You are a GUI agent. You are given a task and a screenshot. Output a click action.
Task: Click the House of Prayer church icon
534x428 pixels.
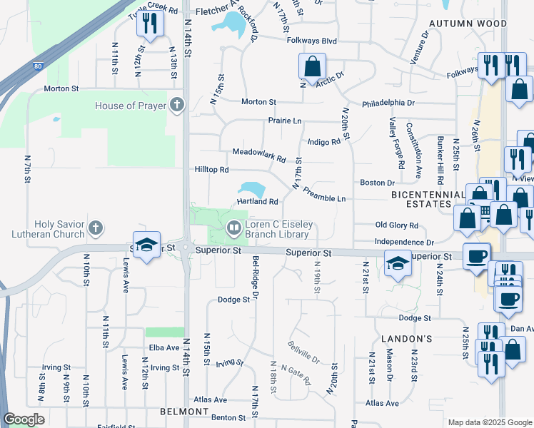(178, 106)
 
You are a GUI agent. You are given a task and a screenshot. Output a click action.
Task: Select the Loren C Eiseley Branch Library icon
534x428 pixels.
(233, 228)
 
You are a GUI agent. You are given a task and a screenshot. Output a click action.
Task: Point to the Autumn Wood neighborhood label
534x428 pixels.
(477, 24)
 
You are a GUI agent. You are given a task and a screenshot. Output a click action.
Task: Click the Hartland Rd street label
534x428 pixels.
(257, 202)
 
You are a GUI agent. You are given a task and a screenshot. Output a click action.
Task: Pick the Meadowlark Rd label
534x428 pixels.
(259, 152)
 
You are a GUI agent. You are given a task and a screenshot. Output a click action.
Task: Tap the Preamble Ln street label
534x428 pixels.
(324, 194)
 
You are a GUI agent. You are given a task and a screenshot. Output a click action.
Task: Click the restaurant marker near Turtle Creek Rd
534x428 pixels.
(150, 23)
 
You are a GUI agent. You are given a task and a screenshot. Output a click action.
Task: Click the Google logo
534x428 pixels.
(24, 419)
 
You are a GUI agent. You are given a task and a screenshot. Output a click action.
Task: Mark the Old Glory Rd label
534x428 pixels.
(397, 225)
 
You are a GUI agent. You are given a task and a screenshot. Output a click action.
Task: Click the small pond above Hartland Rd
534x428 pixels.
(251, 189)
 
